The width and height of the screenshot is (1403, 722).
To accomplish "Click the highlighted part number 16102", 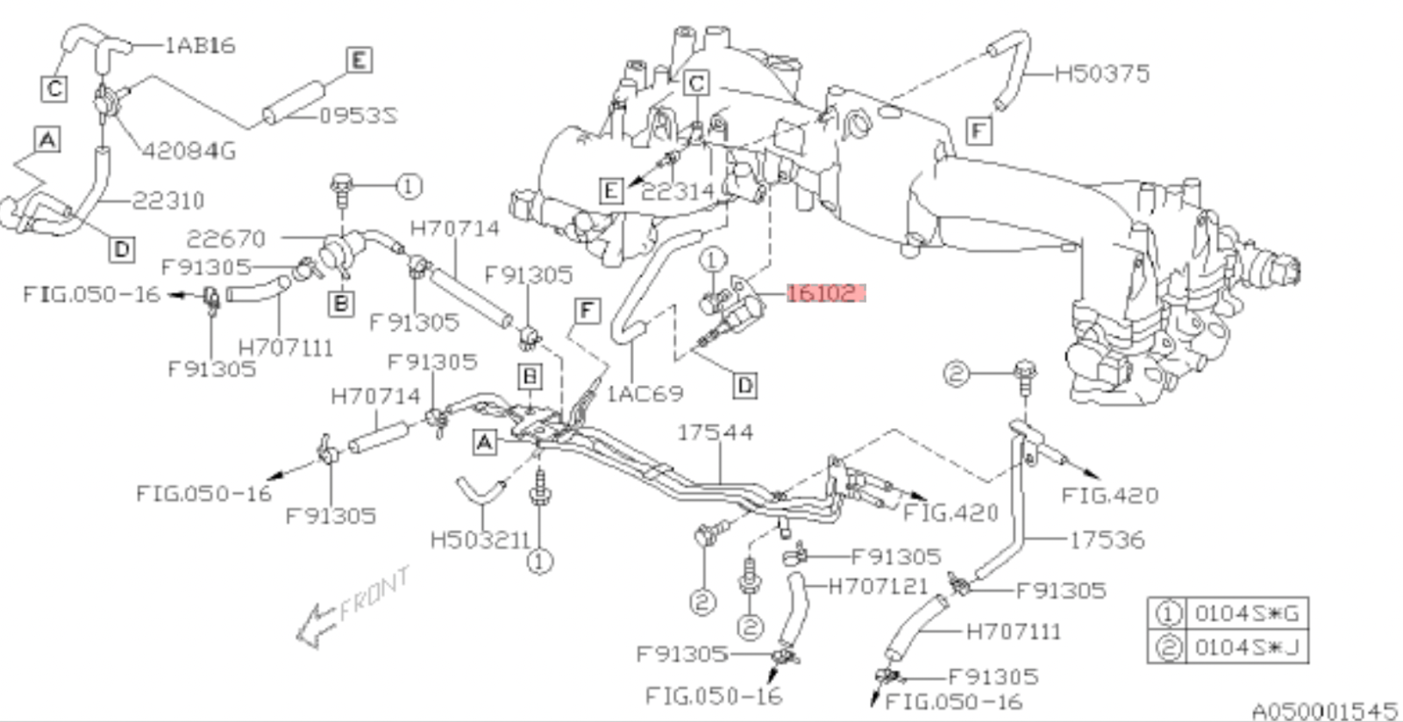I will coord(825,293).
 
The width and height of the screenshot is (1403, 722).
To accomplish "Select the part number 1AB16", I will coord(200,46).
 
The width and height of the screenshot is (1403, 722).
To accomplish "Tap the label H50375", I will coord(1101,74).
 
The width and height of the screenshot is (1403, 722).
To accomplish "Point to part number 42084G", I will coord(189,151).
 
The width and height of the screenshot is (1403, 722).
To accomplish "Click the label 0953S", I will coord(357,116).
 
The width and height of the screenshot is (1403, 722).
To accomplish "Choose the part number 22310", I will coord(168,201).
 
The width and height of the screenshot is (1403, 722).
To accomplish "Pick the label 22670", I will coord(225,239).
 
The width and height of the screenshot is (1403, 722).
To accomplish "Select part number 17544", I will coord(715,432).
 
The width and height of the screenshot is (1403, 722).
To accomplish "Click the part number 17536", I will coord(1107,540).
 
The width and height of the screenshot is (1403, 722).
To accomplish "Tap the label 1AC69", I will coord(645,393).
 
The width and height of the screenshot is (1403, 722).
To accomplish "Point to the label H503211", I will coord(481,540).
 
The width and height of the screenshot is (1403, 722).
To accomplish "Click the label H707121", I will coord(878,586).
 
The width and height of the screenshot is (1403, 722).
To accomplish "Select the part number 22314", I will coord(678,191).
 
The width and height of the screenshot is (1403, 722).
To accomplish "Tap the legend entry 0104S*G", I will coord(1246,613).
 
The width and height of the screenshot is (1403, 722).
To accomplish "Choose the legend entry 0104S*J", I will coord(1246,647).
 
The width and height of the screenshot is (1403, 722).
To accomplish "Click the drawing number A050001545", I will coord(1323,710).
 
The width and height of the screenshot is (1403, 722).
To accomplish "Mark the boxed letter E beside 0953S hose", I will coord(358,60).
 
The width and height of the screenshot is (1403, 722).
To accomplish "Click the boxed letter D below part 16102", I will coord(744,385).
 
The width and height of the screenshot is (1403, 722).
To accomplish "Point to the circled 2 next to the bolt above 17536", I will coord(956,375).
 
